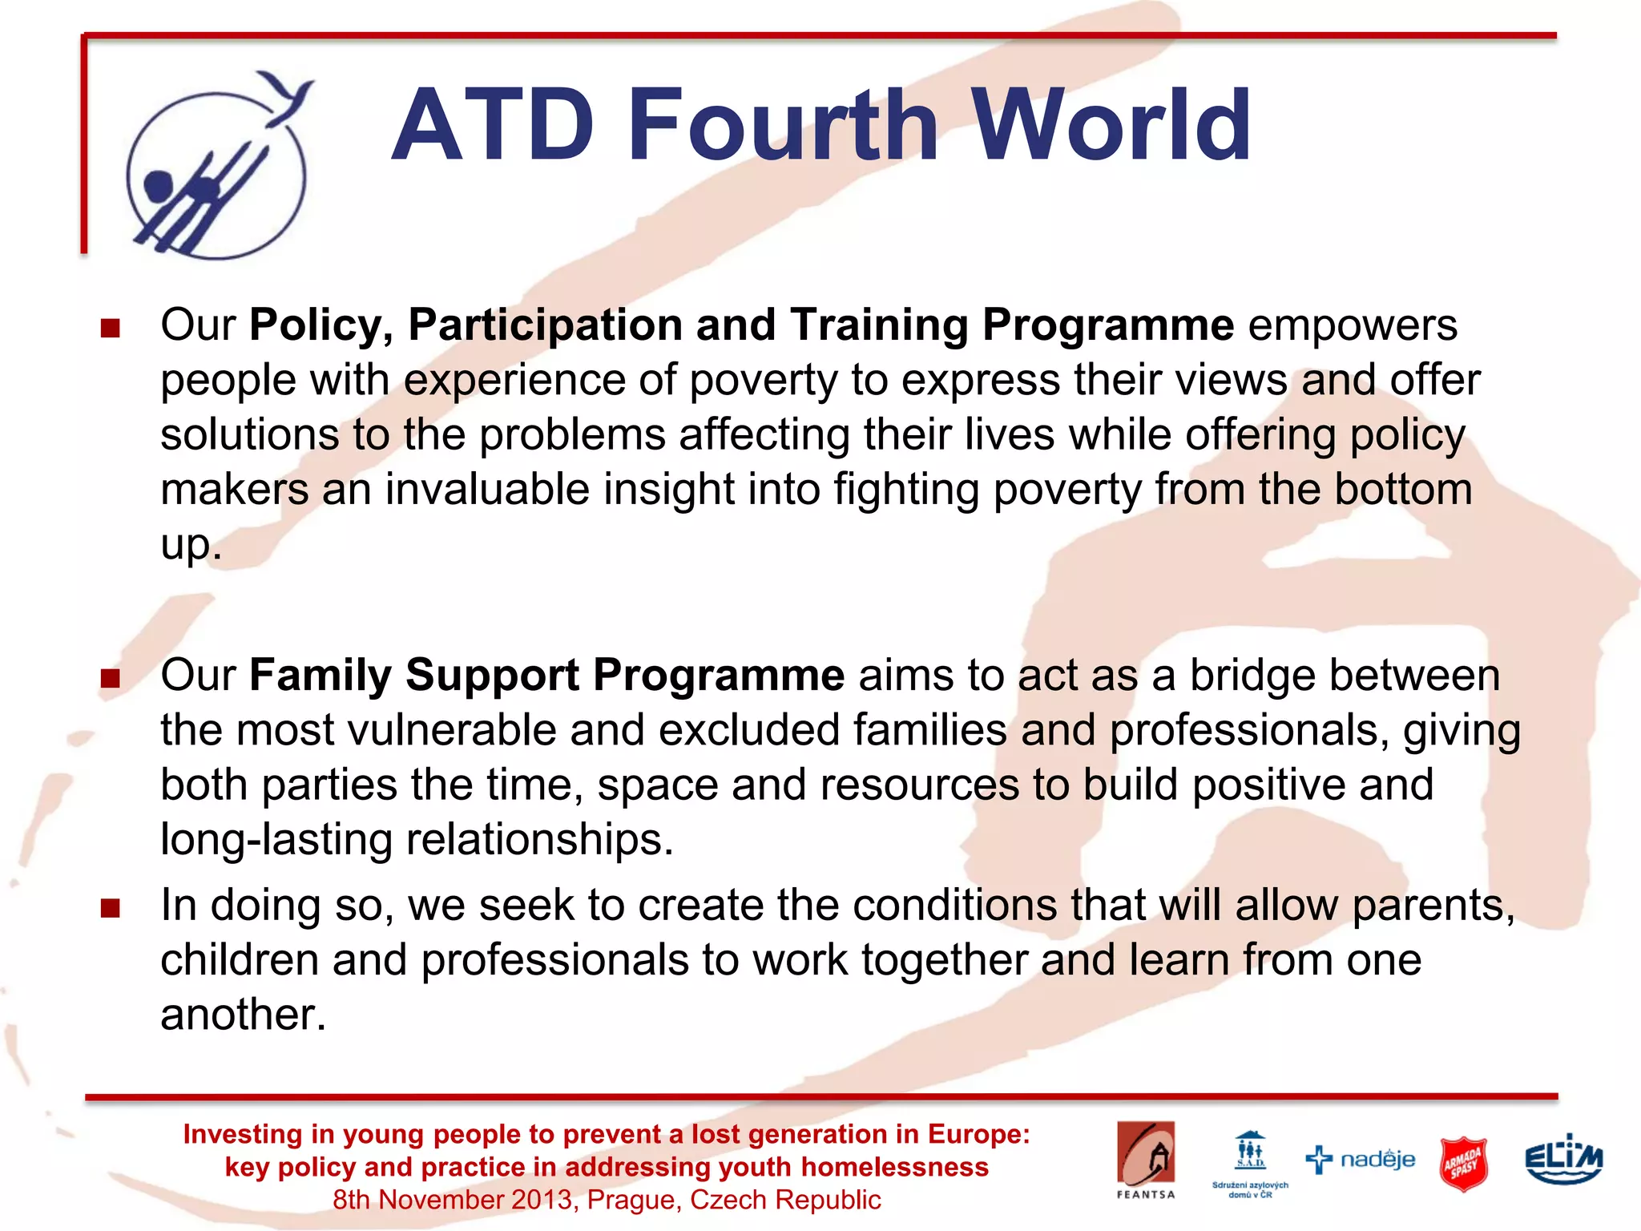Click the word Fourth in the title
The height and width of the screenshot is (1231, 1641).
782,126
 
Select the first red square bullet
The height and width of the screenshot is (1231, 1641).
111,329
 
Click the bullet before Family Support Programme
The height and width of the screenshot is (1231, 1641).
111,679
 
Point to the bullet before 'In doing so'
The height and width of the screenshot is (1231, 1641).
111,908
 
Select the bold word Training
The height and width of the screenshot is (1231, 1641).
879,326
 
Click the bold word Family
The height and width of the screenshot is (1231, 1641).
320,675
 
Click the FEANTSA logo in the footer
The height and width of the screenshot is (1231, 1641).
1146,1159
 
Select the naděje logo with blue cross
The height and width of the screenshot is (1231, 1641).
1361,1159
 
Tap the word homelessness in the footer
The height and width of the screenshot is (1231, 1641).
894,1167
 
